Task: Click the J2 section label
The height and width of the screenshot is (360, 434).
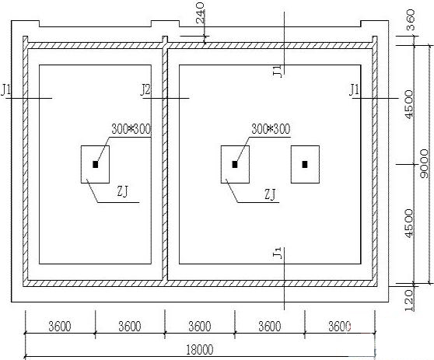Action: point(145,90)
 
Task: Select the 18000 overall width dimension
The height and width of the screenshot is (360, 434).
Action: point(200,350)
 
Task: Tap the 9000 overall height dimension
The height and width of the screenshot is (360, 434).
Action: point(424,163)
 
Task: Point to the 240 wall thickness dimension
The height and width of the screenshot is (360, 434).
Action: point(200,12)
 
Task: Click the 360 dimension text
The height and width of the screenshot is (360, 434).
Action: point(410,19)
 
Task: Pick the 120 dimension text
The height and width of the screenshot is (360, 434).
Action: point(410,300)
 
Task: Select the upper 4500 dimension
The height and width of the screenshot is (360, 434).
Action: point(409,104)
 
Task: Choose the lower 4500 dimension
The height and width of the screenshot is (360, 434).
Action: point(409,223)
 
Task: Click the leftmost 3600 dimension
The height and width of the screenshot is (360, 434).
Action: point(60,327)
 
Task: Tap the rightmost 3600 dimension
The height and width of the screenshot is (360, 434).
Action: point(340,327)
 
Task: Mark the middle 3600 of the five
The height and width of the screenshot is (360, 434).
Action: point(200,327)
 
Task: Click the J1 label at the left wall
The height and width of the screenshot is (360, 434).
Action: point(5,90)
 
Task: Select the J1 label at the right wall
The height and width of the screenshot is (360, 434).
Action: point(354,90)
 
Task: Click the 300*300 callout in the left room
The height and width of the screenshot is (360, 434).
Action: point(131,129)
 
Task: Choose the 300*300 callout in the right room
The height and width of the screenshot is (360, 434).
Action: point(271,129)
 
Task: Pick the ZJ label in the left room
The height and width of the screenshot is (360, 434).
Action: point(122,191)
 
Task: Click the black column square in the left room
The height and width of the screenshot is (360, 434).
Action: point(96,164)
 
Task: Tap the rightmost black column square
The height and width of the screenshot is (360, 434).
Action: point(305,164)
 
